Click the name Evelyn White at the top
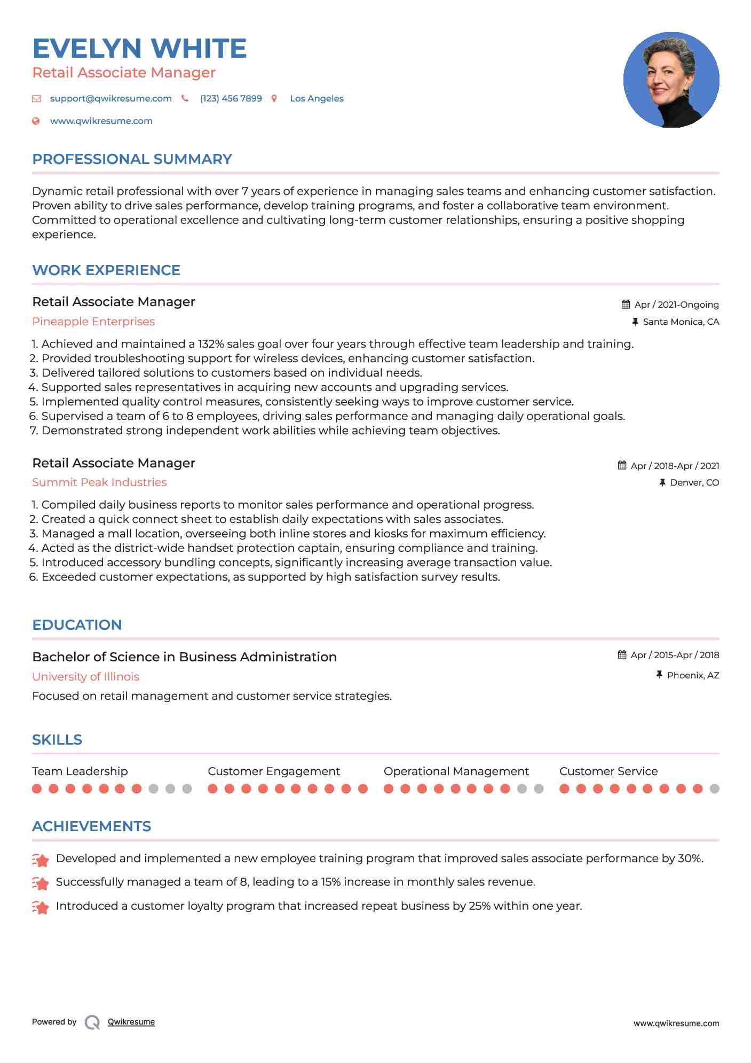[x=139, y=49]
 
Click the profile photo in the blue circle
[x=671, y=80]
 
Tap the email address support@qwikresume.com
[x=110, y=99]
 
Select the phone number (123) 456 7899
[x=231, y=99]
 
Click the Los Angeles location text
[x=317, y=99]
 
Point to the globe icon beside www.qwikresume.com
[x=36, y=121]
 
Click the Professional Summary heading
[x=132, y=159]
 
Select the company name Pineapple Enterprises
[x=93, y=322]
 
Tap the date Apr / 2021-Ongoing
[x=676, y=305]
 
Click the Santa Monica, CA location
[x=681, y=322]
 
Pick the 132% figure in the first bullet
[x=210, y=344]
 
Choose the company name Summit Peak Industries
[x=99, y=482]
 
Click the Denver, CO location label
[x=694, y=483]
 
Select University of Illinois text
[x=85, y=677]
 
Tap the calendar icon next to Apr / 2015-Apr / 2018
[x=622, y=655]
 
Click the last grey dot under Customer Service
[x=715, y=789]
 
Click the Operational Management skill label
[x=456, y=771]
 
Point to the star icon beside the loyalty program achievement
[x=41, y=907]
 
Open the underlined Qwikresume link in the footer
[x=131, y=1022]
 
